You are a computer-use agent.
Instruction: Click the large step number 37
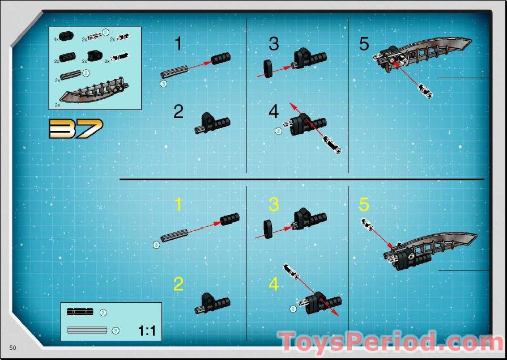[x=76, y=129]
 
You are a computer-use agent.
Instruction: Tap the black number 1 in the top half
[x=179, y=44]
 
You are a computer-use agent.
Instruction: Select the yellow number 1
[x=179, y=205]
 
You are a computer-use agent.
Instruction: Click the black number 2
[x=179, y=112]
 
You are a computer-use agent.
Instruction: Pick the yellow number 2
[x=179, y=284]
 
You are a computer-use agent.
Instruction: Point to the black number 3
[x=274, y=44]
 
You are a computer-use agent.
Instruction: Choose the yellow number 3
[x=274, y=205]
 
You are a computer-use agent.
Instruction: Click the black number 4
[x=274, y=112]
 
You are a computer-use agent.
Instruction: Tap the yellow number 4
[x=274, y=284]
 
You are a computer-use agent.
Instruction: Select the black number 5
[x=364, y=44]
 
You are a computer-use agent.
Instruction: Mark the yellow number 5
[x=364, y=205]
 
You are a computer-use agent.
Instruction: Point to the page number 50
[x=12, y=346]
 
